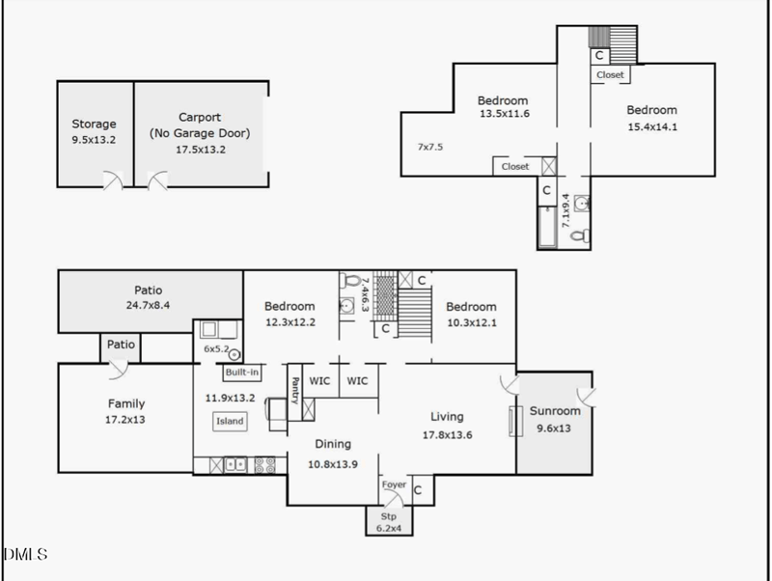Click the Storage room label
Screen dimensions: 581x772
(x=94, y=124)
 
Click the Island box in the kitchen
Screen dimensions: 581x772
(x=230, y=421)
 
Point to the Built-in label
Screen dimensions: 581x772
(x=241, y=372)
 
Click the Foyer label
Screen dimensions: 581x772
(x=394, y=484)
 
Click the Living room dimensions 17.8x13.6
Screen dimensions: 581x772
(x=447, y=434)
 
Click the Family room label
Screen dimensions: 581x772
(x=125, y=403)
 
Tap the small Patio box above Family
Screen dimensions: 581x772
(x=121, y=345)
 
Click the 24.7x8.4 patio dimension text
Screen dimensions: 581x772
(x=148, y=306)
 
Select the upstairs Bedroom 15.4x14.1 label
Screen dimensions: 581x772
(x=651, y=110)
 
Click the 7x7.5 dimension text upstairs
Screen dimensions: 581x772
(x=428, y=148)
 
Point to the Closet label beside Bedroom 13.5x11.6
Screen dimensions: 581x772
(x=514, y=167)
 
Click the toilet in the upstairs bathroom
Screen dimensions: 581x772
(x=577, y=235)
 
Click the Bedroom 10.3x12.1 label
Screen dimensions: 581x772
(x=471, y=307)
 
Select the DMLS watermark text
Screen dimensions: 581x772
(x=25, y=554)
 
